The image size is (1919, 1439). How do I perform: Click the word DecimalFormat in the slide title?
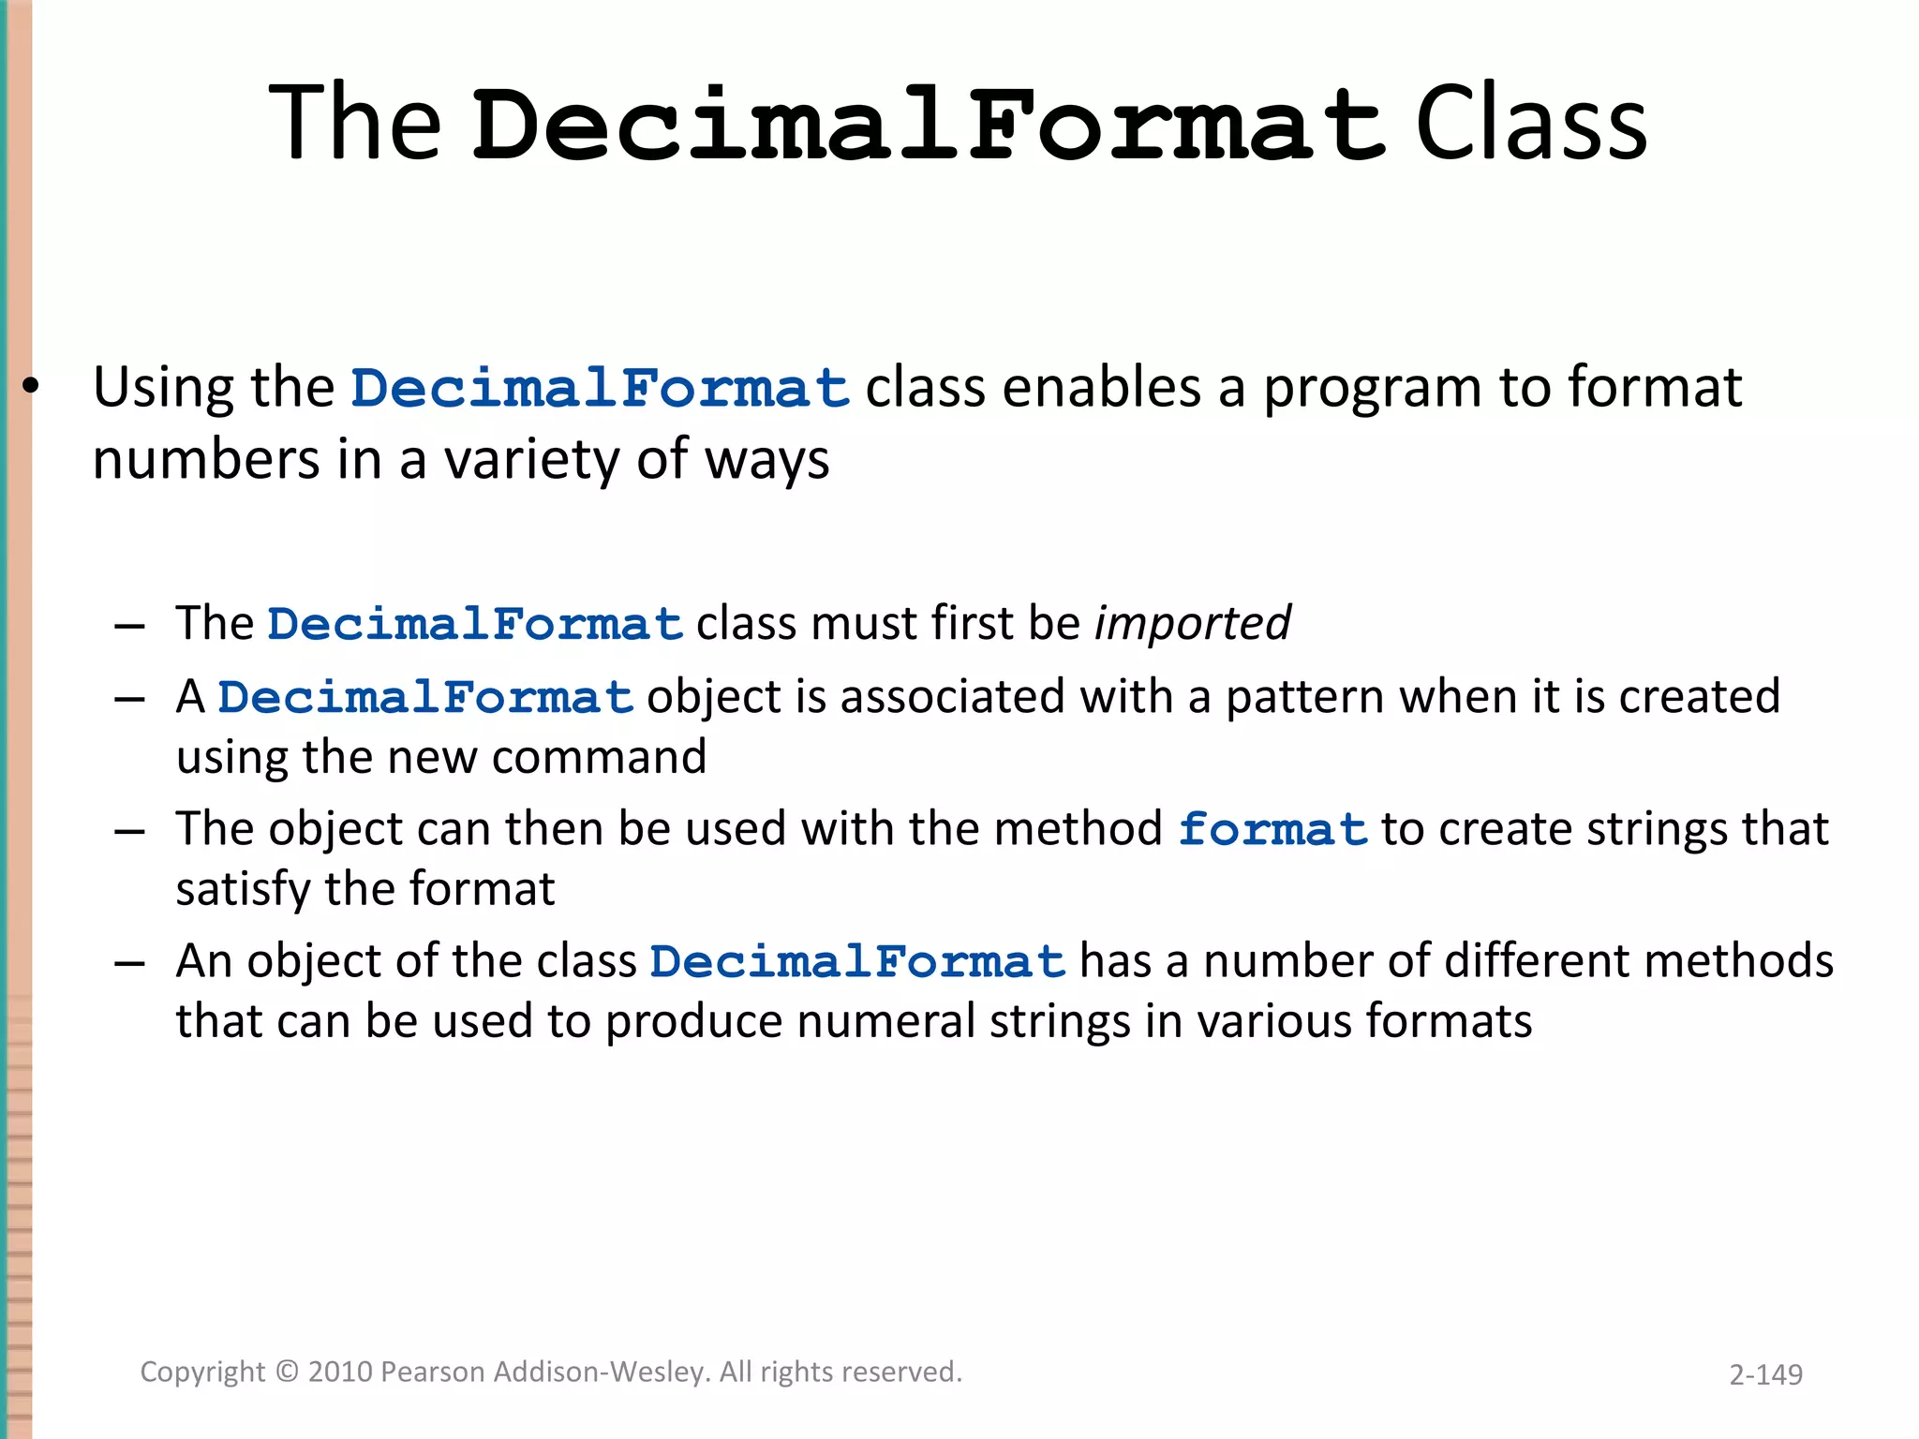tap(928, 124)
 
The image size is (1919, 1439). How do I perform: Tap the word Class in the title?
tap(1531, 124)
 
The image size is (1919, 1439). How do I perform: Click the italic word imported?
tap(1192, 624)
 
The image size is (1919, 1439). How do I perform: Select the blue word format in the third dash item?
tap(1272, 830)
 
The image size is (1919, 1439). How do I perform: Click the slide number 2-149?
tap(1765, 1374)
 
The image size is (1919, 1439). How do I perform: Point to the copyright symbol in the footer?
tap(287, 1372)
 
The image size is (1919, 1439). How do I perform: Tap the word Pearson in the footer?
tap(433, 1372)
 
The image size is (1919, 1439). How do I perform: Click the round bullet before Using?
tap(31, 387)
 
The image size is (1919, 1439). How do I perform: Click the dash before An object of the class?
tap(129, 963)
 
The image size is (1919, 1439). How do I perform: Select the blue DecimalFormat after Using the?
tap(600, 389)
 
